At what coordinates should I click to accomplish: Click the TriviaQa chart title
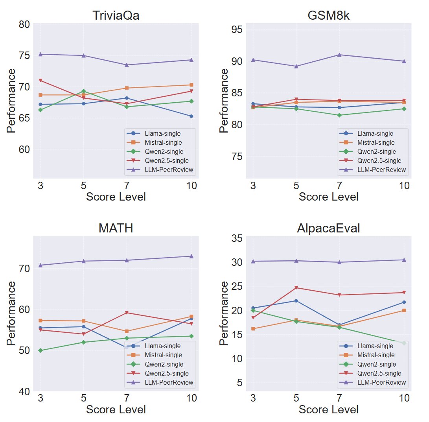click(116, 15)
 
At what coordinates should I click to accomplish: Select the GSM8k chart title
click(328, 15)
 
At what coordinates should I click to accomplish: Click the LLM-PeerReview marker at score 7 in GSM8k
click(339, 55)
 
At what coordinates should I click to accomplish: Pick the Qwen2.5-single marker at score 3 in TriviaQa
click(41, 81)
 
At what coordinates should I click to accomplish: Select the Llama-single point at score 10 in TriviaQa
click(191, 116)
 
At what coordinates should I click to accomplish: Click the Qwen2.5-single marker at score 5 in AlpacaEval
click(296, 288)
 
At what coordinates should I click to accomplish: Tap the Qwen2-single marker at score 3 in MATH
click(41, 350)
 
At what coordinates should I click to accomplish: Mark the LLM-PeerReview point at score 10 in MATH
click(191, 256)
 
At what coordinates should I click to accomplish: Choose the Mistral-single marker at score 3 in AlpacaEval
click(253, 329)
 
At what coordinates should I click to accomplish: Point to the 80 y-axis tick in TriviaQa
click(24, 24)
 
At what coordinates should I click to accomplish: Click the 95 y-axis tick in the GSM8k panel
click(237, 29)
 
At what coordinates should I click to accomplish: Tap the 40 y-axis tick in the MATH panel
click(24, 391)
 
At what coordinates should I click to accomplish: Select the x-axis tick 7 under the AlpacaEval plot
click(339, 398)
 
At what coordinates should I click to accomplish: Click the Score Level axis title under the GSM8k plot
click(328, 197)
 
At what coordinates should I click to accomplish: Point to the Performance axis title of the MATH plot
click(12, 313)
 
